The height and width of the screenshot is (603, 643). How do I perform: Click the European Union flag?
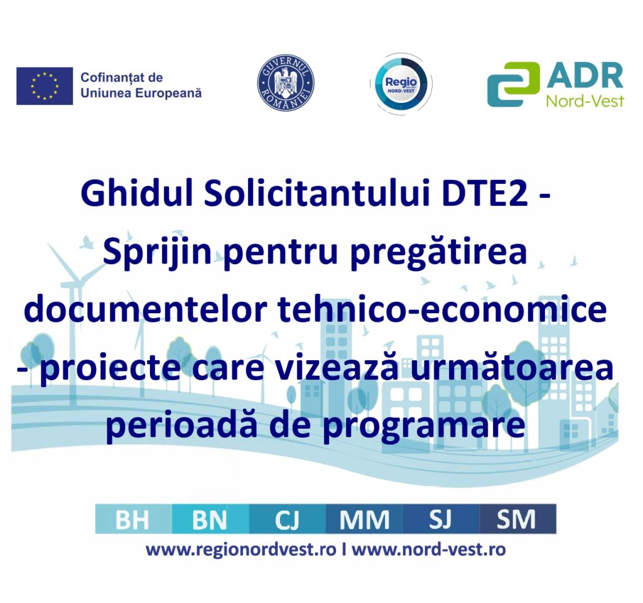click(x=45, y=86)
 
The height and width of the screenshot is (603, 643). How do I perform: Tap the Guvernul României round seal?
click(x=286, y=83)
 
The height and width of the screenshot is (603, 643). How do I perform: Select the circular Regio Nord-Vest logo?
click(x=401, y=84)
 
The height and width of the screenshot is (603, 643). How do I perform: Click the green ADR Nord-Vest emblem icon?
click(x=514, y=84)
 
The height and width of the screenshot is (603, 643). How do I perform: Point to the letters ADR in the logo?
click(x=585, y=75)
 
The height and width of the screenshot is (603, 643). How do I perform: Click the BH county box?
click(x=133, y=519)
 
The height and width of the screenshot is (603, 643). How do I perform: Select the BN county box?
click(x=210, y=519)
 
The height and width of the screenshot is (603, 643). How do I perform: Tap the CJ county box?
click(x=288, y=519)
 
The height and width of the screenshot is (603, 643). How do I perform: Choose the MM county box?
click(x=364, y=519)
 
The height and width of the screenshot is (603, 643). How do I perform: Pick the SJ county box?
click(x=441, y=519)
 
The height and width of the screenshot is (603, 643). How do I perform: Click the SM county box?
click(x=518, y=519)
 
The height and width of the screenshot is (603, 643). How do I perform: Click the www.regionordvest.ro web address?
click(x=241, y=550)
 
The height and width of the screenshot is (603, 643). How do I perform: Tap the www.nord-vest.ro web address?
click(x=429, y=549)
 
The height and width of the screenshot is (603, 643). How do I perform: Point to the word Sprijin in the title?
click(x=157, y=252)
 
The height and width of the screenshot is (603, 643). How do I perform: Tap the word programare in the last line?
click(x=424, y=425)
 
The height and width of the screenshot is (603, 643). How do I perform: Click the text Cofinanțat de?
click(x=122, y=77)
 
